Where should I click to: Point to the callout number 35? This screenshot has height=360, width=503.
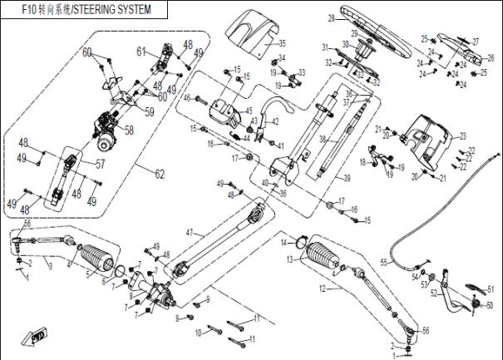tap(282, 42)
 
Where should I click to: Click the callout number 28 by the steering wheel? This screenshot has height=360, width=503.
tap(331, 17)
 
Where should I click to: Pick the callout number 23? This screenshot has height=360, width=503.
tap(462, 136)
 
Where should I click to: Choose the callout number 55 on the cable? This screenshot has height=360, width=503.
tap(383, 262)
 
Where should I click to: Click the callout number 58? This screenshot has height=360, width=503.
tap(129, 131)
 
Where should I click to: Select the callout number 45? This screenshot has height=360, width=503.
tap(249, 110)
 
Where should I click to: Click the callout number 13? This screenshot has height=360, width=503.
tap(289, 260)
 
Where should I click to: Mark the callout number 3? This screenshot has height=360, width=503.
tap(49, 265)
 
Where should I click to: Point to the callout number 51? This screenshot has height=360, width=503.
tap(490, 289)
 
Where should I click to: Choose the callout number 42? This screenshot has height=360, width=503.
tap(275, 122)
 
